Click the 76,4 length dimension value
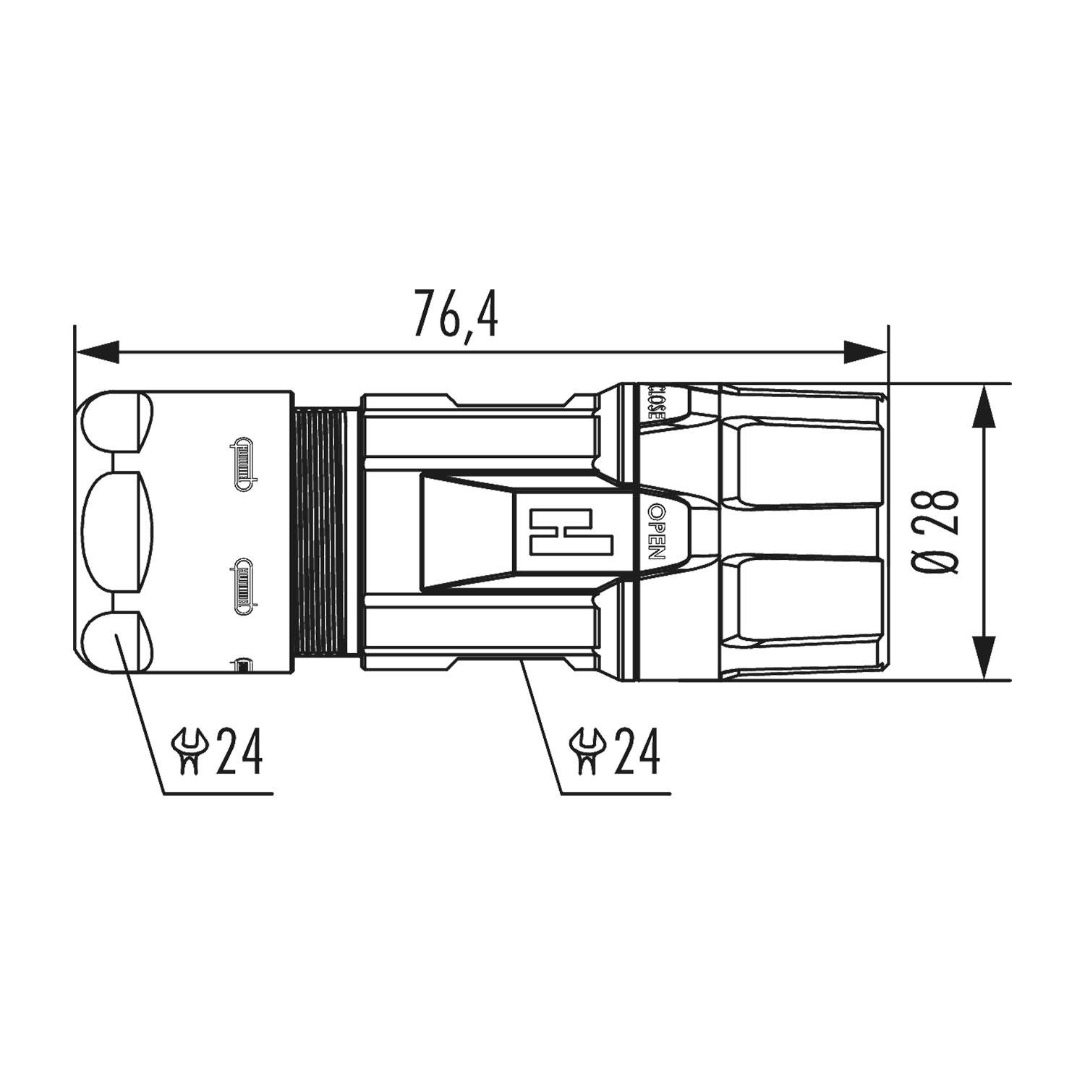tap(456, 314)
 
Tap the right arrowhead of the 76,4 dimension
tap(866, 352)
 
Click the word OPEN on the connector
tap(655, 532)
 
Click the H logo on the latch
tap(561, 532)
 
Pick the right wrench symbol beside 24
tap(587, 752)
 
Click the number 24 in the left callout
tap(239, 752)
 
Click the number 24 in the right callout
tap(637, 752)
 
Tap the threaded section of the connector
tap(320, 532)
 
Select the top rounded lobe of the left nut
tap(116, 421)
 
